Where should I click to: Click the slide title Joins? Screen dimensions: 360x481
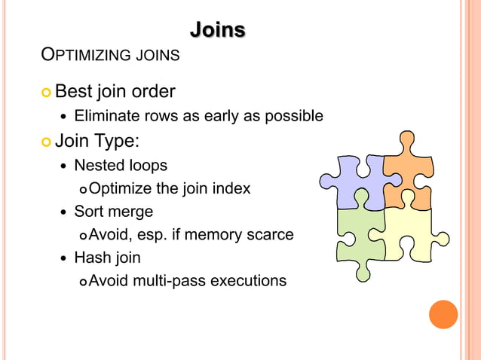pos(217,30)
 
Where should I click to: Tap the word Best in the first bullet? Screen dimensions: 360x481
pos(74,92)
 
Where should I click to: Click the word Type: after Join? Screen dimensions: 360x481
pos(117,141)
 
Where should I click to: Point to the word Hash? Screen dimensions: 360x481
pos(90,258)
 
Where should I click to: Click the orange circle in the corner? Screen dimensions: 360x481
pos(443,314)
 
